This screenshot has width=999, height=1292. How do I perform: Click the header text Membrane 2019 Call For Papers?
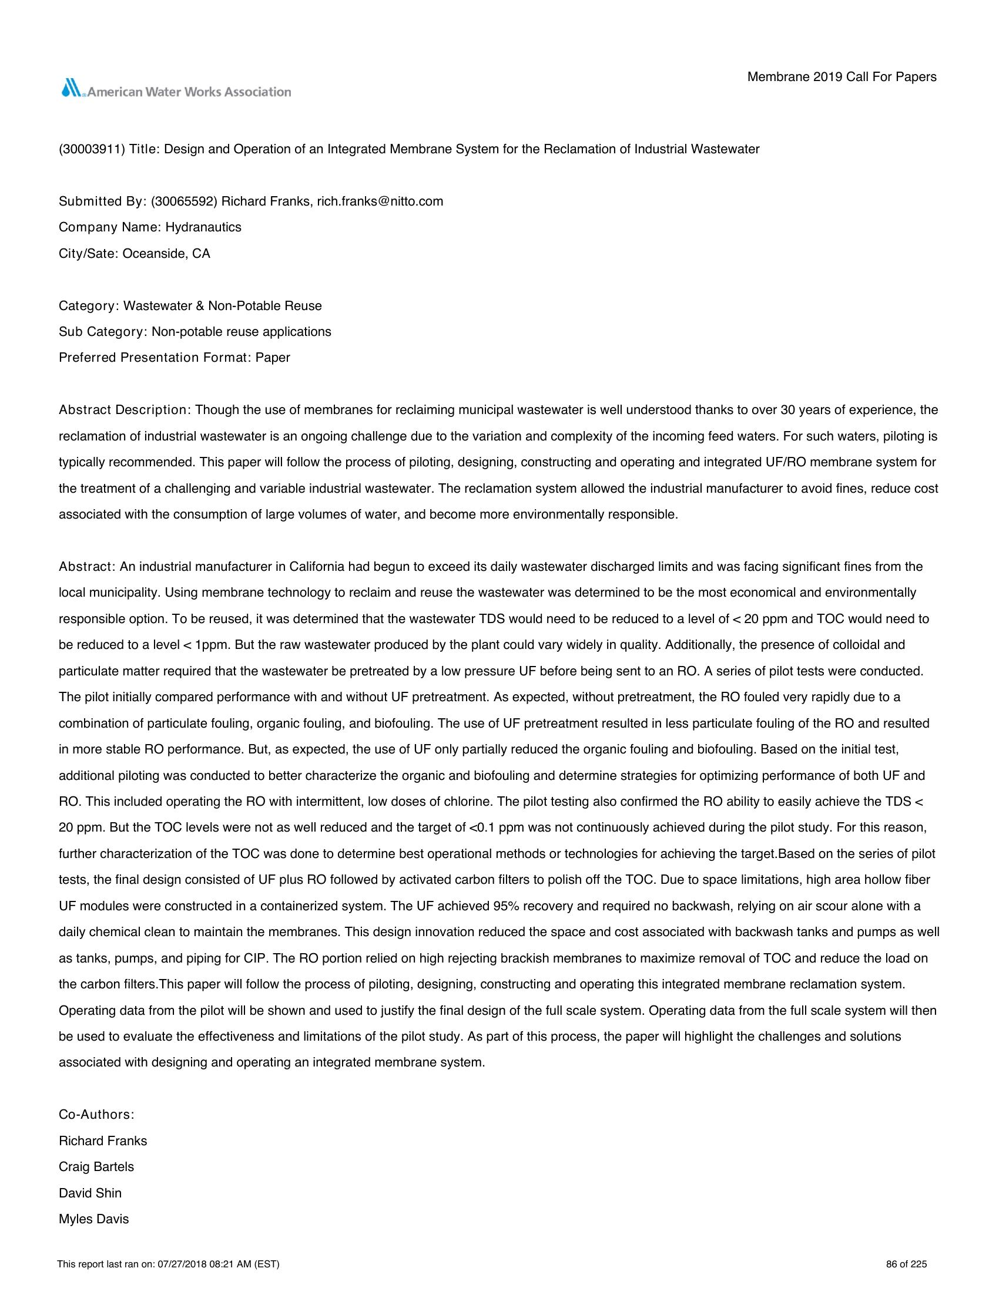tap(842, 77)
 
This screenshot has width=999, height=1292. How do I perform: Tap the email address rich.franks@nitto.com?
tap(380, 201)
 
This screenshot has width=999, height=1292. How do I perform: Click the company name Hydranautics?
tap(203, 227)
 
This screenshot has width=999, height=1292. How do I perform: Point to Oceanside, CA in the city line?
tap(166, 254)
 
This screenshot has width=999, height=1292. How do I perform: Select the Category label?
tap(89, 306)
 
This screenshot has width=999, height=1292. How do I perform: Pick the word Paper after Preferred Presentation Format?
tap(273, 358)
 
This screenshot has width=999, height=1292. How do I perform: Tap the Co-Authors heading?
tap(96, 1115)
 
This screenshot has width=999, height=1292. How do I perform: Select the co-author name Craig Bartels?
tap(96, 1166)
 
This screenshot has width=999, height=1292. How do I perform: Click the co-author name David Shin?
tap(90, 1193)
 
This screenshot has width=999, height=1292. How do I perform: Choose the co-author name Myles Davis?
tap(93, 1219)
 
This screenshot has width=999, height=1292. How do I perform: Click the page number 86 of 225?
tap(906, 1264)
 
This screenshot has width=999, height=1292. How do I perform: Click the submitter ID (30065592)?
tap(185, 201)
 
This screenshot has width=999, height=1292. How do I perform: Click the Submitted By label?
tap(102, 201)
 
